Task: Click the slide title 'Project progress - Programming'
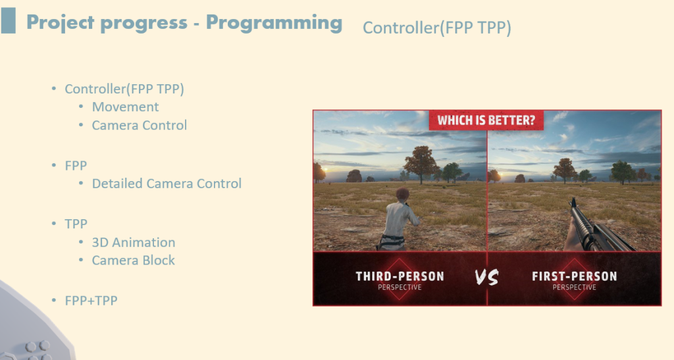click(x=184, y=23)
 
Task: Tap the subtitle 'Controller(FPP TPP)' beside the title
click(x=437, y=28)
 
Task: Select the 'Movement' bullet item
click(x=125, y=107)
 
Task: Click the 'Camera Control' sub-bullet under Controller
click(x=140, y=126)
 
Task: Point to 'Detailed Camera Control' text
click(x=167, y=184)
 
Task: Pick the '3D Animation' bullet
click(x=133, y=242)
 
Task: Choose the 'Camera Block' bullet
click(x=133, y=261)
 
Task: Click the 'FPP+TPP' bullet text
click(x=91, y=301)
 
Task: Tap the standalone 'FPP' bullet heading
click(x=76, y=166)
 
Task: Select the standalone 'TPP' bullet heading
click(x=76, y=224)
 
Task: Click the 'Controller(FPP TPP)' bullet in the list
click(x=124, y=89)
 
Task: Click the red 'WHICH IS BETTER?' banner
click(x=486, y=120)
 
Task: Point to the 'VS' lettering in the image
click(x=487, y=278)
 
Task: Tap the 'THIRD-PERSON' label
click(x=400, y=276)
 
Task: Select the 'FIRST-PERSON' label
click(x=574, y=276)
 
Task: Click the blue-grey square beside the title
click(x=8, y=20)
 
